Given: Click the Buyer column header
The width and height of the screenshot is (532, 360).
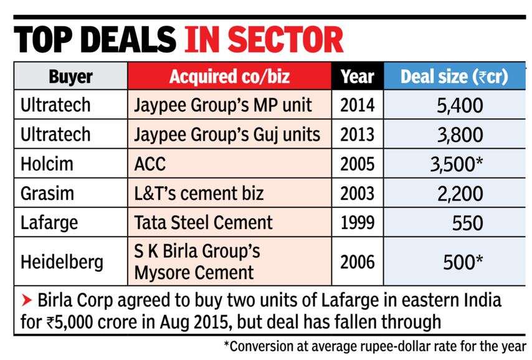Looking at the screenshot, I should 70,77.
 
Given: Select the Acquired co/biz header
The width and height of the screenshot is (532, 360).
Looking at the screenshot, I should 229,77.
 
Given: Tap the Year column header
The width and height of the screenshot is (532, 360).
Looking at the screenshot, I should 357,77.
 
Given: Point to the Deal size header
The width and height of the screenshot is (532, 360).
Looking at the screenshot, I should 454,77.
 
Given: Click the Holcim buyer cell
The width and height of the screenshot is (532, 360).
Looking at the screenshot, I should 47,164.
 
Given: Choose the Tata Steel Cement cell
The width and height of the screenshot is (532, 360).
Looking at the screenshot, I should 203,222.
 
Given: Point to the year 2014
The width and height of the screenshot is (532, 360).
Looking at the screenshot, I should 357,105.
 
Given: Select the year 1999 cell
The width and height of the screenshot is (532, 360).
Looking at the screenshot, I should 357,222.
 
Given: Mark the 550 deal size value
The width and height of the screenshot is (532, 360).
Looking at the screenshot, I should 467,222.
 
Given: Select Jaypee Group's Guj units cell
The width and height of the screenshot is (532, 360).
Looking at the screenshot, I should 227,134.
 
